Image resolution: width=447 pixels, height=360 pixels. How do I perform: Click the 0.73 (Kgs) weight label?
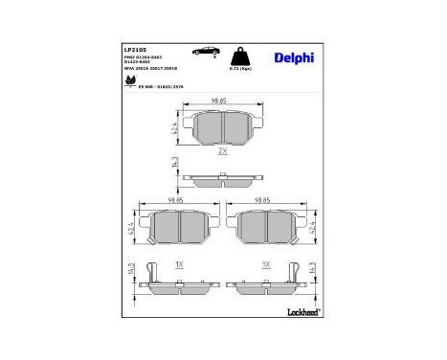pos(239,70)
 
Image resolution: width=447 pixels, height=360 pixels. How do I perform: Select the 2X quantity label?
pos(222,151)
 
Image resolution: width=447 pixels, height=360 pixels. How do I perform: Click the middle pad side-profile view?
pos(222,177)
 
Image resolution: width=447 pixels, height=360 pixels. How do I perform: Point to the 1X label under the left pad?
pos(178,263)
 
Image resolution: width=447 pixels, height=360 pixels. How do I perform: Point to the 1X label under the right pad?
pos(265,263)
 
